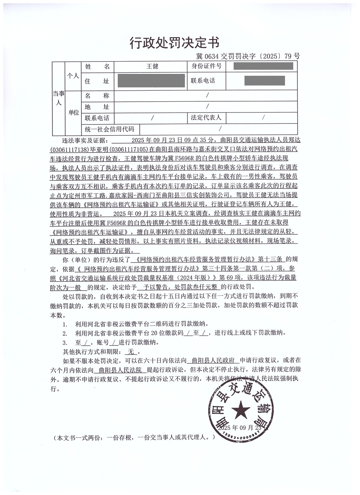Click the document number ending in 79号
click(248, 57)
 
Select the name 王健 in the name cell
click(152, 67)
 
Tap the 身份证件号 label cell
click(206, 67)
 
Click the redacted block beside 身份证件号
click(263, 67)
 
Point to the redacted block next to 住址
click(151, 81)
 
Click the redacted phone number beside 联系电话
click(264, 81)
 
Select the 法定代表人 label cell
click(206, 117)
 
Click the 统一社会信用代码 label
click(109, 129)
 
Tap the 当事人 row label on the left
click(58, 98)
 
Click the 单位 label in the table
click(73, 112)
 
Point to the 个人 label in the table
click(73, 76)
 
